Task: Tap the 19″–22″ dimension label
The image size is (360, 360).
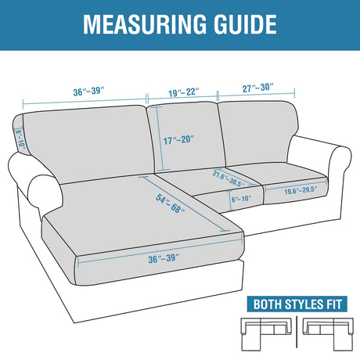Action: [x=184, y=92]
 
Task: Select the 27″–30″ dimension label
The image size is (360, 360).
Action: [x=257, y=88]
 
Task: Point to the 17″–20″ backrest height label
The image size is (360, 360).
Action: [x=179, y=140]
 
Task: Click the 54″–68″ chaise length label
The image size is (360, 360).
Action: [x=170, y=203]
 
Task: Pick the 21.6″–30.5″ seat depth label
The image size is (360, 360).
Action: [x=229, y=178]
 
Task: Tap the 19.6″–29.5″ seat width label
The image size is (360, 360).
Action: [x=301, y=190]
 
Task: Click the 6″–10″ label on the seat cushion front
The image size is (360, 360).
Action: [x=241, y=199]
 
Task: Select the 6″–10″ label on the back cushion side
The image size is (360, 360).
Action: [x=20, y=139]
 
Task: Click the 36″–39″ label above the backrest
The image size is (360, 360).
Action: [x=88, y=92]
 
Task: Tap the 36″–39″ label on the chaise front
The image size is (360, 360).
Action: [x=164, y=258]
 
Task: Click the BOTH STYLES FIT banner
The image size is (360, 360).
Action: [x=297, y=304]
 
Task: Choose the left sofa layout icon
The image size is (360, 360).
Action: [x=266, y=334]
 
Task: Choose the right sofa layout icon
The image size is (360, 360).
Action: [x=328, y=334]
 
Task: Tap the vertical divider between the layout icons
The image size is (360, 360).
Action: [x=297, y=332]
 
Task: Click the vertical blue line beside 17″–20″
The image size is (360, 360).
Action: [x=160, y=139]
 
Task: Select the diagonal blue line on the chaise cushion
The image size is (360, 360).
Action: [x=185, y=203]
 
